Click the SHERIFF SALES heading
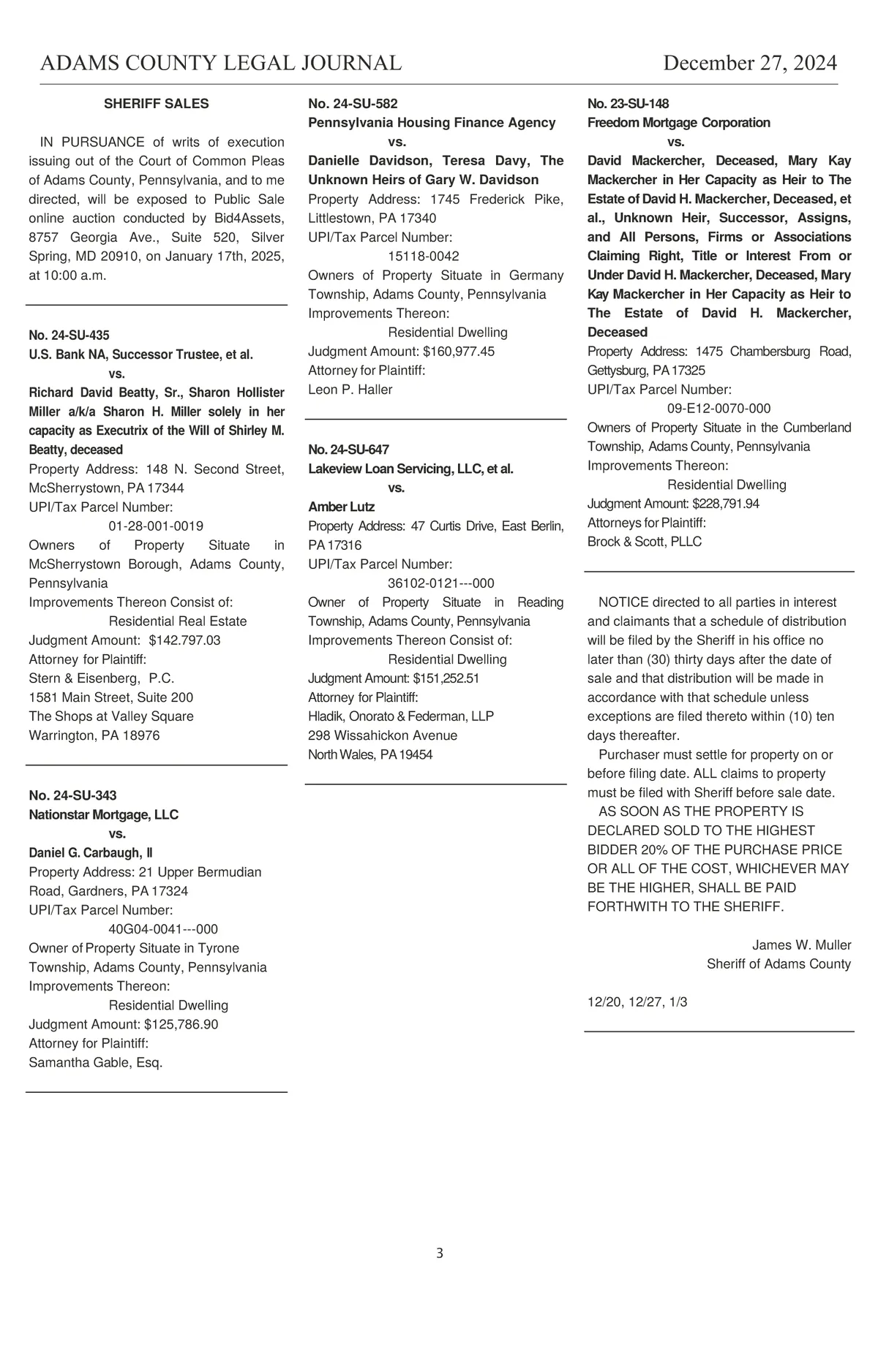click(156, 104)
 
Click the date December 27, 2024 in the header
click(749, 63)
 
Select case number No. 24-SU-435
click(69, 336)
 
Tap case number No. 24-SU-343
click(72, 795)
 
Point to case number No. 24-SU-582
click(353, 104)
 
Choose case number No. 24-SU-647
click(348, 450)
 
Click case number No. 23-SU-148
click(628, 104)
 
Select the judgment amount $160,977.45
click(459, 352)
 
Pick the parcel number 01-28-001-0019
click(156, 526)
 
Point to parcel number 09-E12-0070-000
click(718, 409)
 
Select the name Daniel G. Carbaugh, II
click(91, 853)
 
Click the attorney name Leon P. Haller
click(350, 390)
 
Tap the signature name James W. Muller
click(801, 945)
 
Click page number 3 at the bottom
click(439, 1254)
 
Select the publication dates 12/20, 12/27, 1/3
click(637, 1002)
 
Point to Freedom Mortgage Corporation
click(678, 123)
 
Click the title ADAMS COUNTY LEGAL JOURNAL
click(221, 63)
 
